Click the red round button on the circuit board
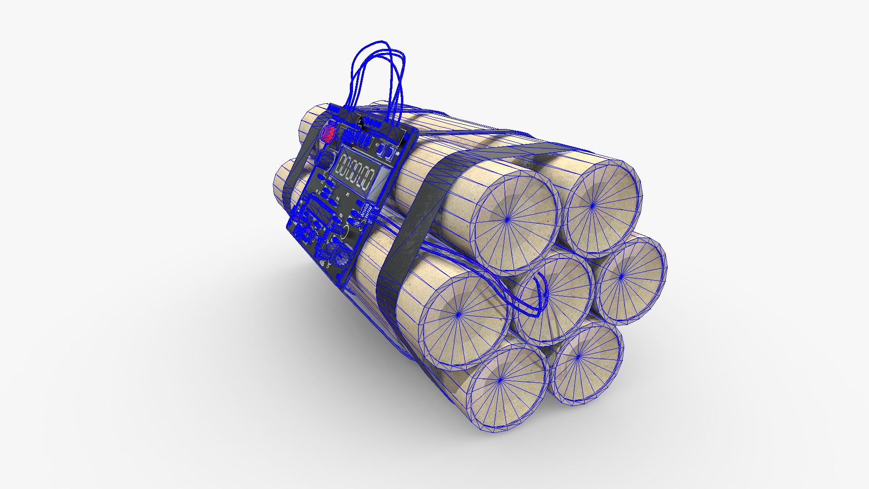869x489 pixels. (x=328, y=133)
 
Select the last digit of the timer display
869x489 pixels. (x=370, y=180)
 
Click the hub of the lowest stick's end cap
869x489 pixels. (x=500, y=381)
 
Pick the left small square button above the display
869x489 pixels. (x=381, y=149)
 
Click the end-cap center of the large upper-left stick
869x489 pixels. (x=507, y=219)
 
